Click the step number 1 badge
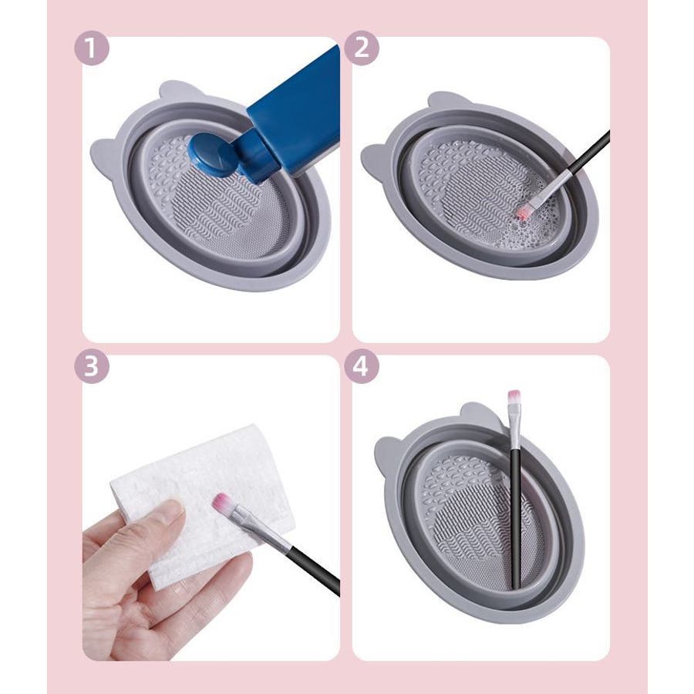click(92, 49)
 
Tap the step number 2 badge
click(361, 49)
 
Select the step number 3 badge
click(92, 366)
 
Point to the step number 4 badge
click(361, 366)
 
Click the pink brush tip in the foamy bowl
click(522, 213)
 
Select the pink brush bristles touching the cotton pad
click(223, 502)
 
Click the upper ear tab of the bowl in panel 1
click(180, 91)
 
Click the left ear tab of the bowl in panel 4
click(386, 456)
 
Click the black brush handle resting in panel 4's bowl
click(515, 518)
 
